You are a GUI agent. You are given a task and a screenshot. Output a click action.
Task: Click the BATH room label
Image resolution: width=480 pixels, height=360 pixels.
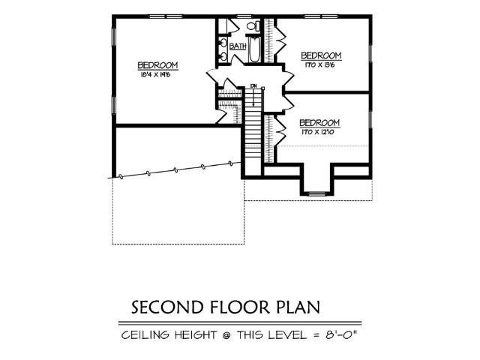[x=238, y=46]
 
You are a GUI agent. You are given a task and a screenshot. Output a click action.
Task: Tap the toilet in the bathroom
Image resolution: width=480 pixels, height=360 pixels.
[x=253, y=27]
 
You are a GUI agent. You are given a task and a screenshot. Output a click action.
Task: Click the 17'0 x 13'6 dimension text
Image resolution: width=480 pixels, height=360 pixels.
[x=320, y=64]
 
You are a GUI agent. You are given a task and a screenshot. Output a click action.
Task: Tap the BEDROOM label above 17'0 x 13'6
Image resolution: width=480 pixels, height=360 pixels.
[x=321, y=55]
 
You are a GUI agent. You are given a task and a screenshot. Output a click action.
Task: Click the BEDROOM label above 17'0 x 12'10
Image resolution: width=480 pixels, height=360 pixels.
[x=320, y=122]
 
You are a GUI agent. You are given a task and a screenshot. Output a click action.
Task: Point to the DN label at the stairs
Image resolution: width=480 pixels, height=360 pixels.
[x=254, y=86]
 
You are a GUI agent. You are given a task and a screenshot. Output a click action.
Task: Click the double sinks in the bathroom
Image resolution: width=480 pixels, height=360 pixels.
[x=223, y=45]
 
